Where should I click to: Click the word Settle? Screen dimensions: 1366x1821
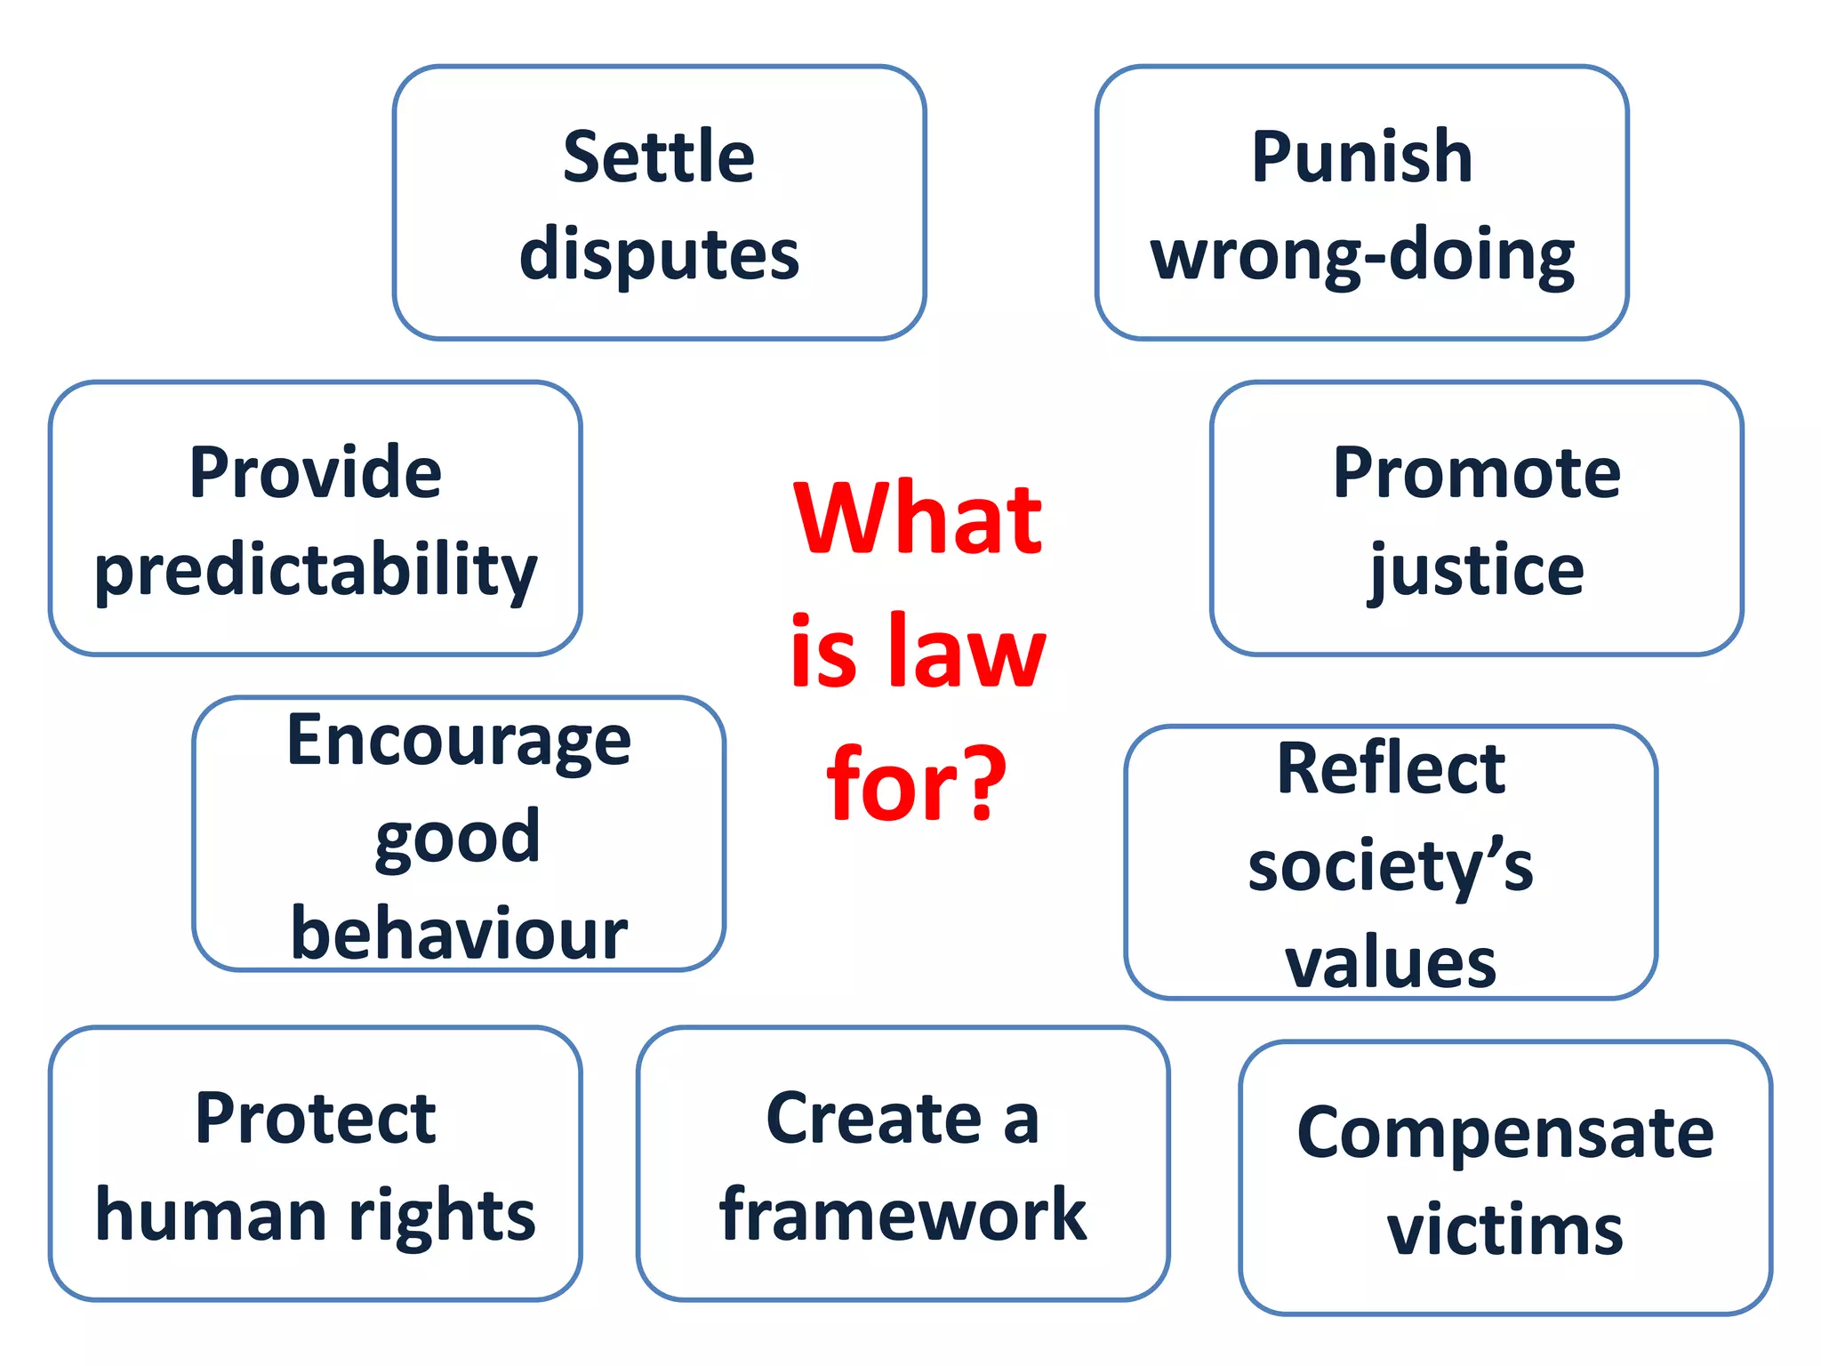click(x=659, y=157)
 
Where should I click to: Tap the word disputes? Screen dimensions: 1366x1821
click(x=659, y=255)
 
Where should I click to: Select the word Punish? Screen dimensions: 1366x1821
click(x=1361, y=157)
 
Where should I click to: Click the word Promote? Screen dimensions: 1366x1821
click(x=1476, y=473)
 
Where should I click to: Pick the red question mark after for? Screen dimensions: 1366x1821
click(x=983, y=783)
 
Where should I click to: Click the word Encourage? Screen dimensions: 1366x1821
click(x=459, y=742)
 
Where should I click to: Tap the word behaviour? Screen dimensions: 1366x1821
click(x=459, y=934)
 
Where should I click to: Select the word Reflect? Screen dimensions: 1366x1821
click(x=1391, y=768)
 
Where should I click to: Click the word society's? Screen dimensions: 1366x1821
click(x=1391, y=866)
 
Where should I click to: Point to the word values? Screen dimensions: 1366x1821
click(x=1391, y=962)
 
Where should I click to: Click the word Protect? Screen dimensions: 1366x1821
click(x=316, y=1118)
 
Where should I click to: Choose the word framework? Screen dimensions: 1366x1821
click(x=902, y=1215)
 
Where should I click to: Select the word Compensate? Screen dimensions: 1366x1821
click(x=1504, y=1133)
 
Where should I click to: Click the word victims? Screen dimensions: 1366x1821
click(x=1504, y=1230)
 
